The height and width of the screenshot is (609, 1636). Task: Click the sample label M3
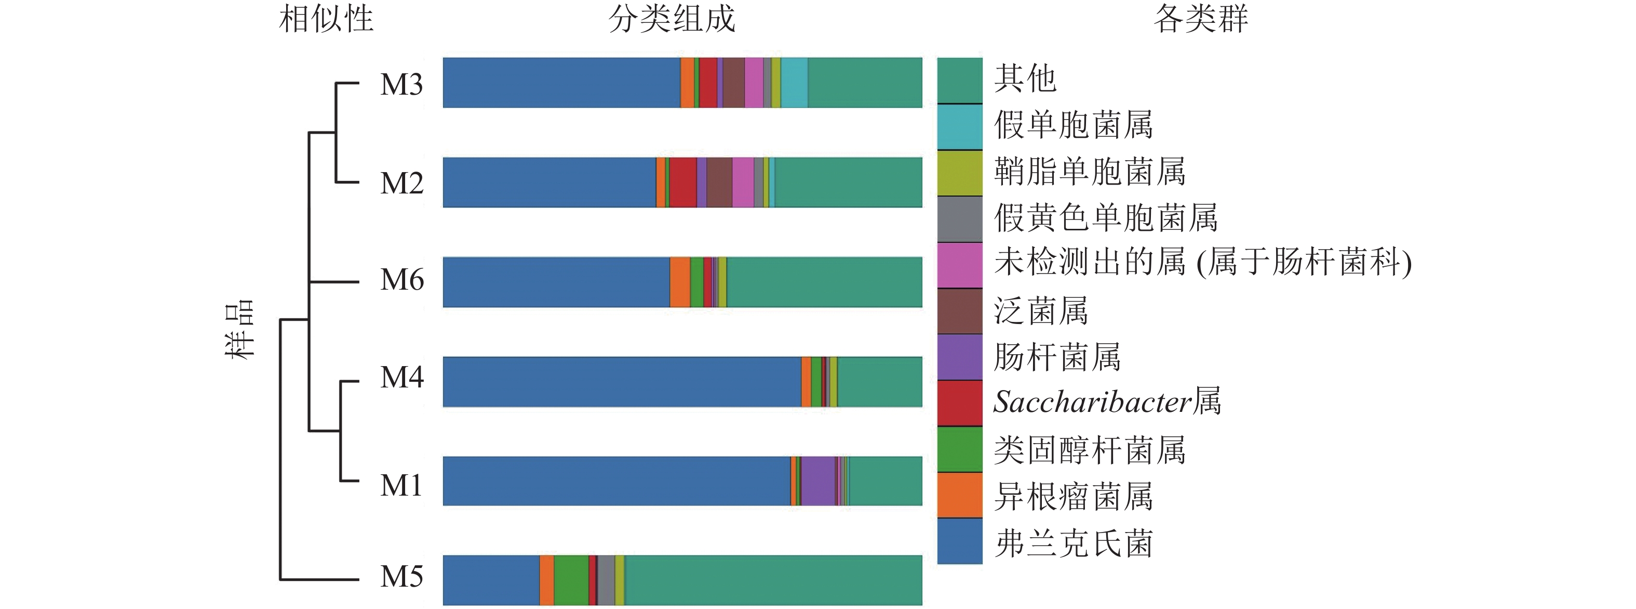[401, 85]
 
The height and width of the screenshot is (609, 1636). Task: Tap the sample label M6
[401, 280]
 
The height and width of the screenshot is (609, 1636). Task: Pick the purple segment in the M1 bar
[818, 481]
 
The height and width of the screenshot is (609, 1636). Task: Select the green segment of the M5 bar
[571, 580]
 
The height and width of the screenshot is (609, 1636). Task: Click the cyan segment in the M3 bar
[794, 83]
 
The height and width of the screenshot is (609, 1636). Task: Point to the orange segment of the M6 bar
[679, 282]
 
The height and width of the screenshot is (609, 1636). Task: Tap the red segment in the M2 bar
[683, 183]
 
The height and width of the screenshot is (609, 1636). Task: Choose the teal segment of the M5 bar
[773, 580]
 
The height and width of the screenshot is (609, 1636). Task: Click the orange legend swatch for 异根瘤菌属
[960, 495]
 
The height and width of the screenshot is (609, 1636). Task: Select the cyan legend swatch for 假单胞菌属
[960, 126]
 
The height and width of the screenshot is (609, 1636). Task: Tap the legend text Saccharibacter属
[1107, 403]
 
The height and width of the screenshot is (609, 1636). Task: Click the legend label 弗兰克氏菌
[1074, 543]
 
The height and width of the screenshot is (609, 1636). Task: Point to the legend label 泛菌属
[1041, 311]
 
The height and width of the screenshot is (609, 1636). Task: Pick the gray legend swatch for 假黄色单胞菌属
[960, 218]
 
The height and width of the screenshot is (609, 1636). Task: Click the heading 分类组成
[672, 19]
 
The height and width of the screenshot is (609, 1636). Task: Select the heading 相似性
[326, 19]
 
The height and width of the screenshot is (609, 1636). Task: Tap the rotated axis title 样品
[240, 329]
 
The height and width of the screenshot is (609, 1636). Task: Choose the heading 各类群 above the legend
[1200, 19]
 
